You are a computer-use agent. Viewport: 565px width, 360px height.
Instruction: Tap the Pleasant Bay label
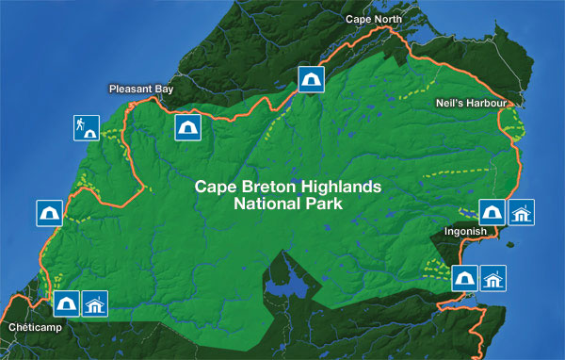[140, 90]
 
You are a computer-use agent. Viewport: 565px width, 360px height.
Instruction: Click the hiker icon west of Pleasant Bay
[86, 128]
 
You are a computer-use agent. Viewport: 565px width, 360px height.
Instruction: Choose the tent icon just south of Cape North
[308, 79]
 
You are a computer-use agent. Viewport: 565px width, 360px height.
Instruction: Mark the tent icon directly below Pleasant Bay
[187, 127]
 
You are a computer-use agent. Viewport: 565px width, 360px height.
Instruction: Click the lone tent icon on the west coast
[50, 214]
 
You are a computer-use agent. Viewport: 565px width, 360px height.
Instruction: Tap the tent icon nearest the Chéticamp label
[66, 303]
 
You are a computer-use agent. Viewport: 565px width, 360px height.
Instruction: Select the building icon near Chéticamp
[96, 303]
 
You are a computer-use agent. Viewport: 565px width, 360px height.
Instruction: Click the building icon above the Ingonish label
[523, 213]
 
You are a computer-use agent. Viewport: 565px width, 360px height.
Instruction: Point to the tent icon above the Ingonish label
[492, 213]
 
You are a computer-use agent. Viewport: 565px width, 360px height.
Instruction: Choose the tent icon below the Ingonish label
[464, 278]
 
